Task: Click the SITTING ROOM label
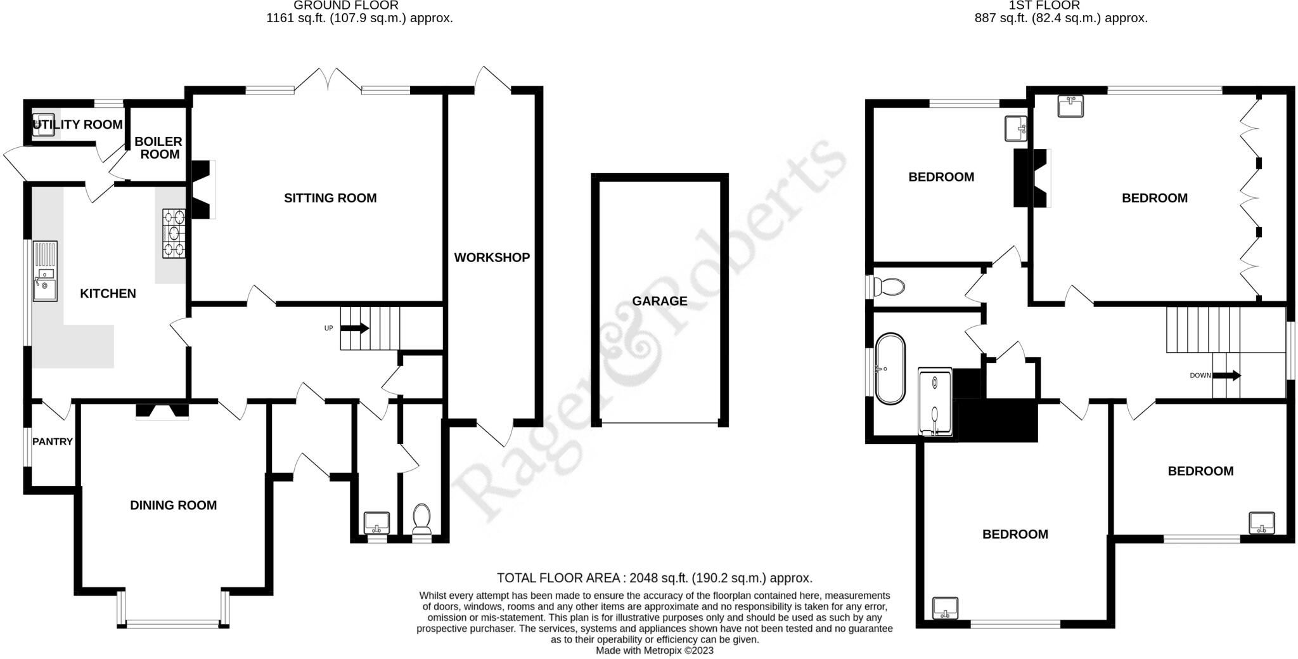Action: [x=330, y=198]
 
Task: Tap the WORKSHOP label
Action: [x=492, y=258]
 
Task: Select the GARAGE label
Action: [x=659, y=301]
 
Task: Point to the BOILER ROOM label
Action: [x=158, y=148]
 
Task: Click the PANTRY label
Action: [x=53, y=441]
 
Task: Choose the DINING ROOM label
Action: [x=173, y=505]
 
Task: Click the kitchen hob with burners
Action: [x=174, y=233]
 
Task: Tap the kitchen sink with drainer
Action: [x=45, y=271]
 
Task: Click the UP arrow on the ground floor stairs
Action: [x=355, y=328]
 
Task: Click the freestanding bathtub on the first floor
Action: [x=890, y=369]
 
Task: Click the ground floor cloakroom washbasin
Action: [x=377, y=522]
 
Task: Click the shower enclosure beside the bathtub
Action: [x=935, y=401]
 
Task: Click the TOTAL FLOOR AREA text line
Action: [x=654, y=578]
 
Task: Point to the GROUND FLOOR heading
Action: [x=346, y=6]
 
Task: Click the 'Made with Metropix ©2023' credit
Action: [x=655, y=650]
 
